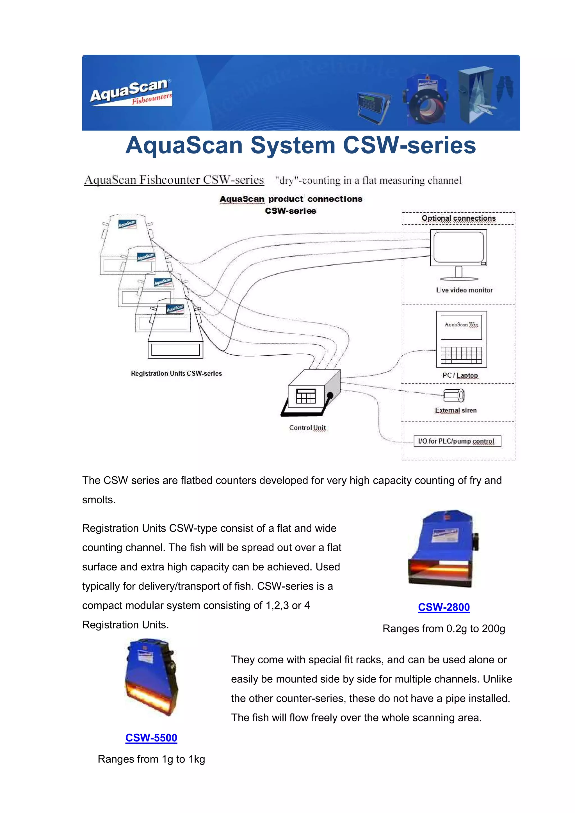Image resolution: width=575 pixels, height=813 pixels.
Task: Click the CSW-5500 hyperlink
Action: tap(151, 737)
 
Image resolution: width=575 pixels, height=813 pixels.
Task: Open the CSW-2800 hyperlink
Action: tap(444, 607)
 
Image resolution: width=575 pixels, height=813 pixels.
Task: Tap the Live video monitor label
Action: tap(464, 290)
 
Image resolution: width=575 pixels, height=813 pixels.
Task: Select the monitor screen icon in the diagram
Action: tap(458, 247)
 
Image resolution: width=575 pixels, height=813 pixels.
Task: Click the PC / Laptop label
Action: tap(460, 375)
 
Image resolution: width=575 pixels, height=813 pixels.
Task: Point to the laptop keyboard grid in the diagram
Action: tap(461, 355)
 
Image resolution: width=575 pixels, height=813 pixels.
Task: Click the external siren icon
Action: tap(454, 395)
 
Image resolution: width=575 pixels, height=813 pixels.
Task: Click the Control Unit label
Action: tap(307, 428)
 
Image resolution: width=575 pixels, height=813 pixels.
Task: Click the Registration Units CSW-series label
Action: tap(176, 373)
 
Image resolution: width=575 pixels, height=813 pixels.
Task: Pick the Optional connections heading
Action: tap(458, 218)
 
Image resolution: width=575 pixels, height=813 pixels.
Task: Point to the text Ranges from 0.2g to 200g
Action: tap(444, 629)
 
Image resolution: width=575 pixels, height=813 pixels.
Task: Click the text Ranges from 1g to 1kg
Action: tap(151, 759)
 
